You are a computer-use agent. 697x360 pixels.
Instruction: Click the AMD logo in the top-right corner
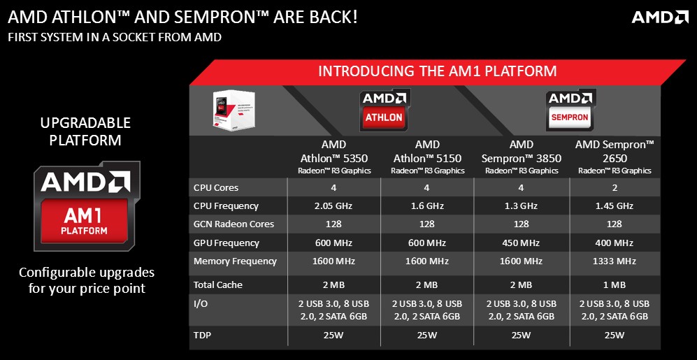pos(660,17)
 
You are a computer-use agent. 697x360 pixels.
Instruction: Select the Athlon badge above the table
pos(385,110)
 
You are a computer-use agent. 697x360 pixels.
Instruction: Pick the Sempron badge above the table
pos(570,110)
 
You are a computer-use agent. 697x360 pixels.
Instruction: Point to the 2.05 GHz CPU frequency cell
pos(333,206)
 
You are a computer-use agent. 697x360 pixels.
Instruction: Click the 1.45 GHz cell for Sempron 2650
pos(615,206)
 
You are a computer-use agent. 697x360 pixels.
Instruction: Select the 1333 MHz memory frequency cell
pos(615,261)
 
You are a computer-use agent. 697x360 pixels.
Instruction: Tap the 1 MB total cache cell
pos(615,285)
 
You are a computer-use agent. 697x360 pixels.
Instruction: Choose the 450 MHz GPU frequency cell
pos(521,243)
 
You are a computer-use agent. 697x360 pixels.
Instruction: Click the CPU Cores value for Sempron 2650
pos(615,187)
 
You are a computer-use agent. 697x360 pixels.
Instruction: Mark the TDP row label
pos(202,335)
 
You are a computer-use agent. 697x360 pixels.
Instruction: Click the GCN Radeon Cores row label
pos(233,224)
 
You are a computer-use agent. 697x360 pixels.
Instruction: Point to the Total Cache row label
pos(217,285)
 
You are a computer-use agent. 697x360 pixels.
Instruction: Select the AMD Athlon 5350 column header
pos(334,157)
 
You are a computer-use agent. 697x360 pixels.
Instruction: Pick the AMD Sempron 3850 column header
pos(522,157)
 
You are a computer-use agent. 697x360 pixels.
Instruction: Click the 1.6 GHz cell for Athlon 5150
pos(426,206)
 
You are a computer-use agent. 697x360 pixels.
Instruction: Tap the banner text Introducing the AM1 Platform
pos(438,71)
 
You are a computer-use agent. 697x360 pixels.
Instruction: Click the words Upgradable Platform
pos(85,131)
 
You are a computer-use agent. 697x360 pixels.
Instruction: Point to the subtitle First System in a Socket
pos(115,37)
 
